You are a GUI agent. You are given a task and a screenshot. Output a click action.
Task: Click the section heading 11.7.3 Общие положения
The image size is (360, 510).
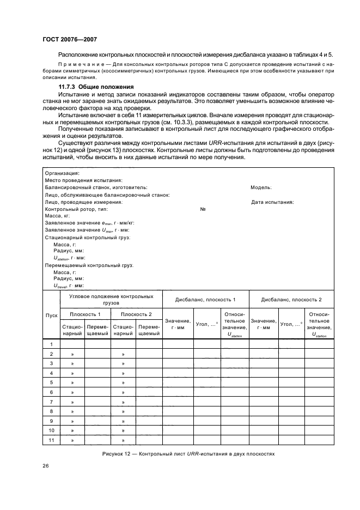click(96, 87)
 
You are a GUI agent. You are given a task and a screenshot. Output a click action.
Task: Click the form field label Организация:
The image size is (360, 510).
click(62, 187)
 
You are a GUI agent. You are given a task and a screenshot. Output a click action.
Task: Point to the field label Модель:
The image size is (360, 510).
click(261, 202)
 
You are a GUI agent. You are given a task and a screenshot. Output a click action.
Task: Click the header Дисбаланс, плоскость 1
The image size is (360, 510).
click(205, 300)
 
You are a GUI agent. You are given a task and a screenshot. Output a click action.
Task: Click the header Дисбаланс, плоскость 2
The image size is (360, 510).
click(291, 300)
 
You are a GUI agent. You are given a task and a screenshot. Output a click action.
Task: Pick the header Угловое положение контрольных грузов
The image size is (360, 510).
click(111, 299)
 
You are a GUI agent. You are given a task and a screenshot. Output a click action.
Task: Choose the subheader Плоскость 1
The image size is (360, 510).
click(85, 314)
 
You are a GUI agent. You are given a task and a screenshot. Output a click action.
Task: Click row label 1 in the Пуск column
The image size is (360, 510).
click(51, 344)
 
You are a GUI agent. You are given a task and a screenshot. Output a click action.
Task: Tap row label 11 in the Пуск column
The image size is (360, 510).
click(51, 440)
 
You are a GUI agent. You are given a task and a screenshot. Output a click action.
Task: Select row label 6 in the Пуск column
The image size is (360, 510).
click(51, 392)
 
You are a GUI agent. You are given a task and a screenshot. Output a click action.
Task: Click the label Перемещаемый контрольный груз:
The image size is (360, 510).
click(89, 265)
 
